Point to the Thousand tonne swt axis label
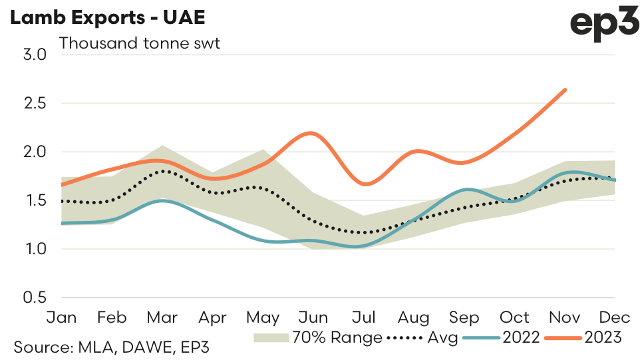coord(139,44)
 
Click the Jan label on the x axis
coord(62,317)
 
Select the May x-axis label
coord(263,317)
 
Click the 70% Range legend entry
coord(318,338)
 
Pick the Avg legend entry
coord(422,338)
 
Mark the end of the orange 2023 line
coord(565,90)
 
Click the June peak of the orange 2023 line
coord(312,133)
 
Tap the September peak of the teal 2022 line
coord(467,190)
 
